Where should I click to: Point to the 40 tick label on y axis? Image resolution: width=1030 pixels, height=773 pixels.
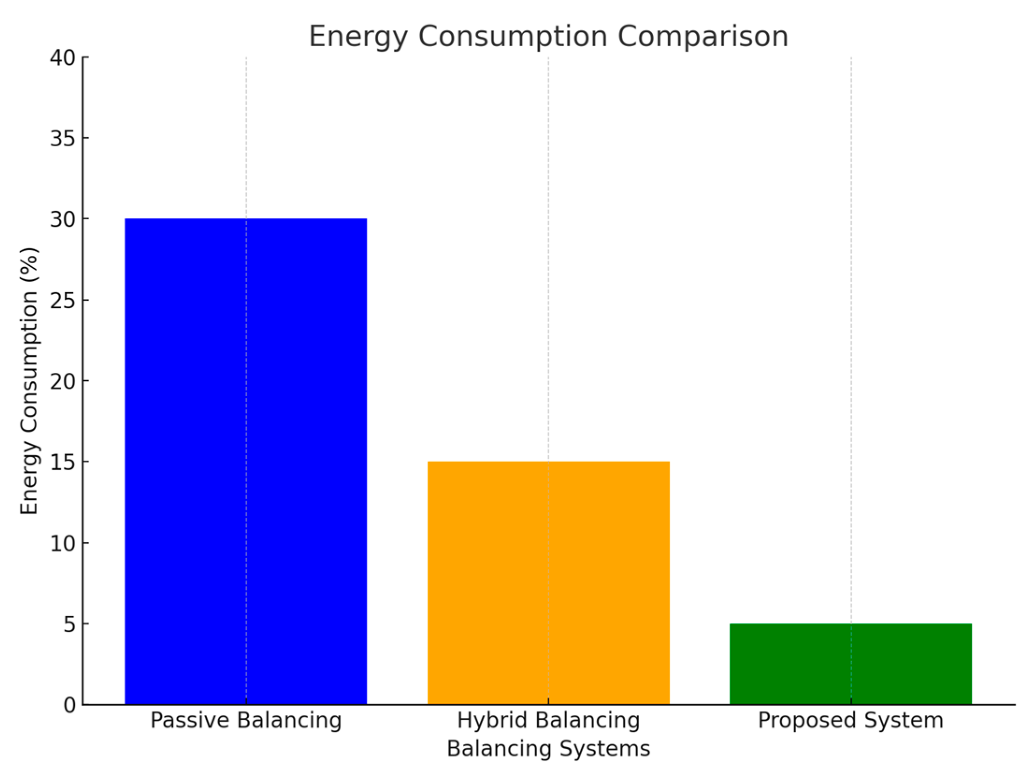point(63,58)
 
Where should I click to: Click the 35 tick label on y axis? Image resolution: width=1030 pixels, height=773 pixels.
point(63,138)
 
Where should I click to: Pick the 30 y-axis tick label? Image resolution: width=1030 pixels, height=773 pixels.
point(63,219)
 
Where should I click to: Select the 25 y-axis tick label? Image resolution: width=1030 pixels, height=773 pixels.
point(63,300)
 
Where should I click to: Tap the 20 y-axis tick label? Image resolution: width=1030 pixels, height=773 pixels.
point(63,381)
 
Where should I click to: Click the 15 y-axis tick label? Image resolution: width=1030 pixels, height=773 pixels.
point(63,462)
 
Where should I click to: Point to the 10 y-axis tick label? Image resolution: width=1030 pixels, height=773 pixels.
point(63,543)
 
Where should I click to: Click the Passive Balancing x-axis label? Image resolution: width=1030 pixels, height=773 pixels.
point(245,721)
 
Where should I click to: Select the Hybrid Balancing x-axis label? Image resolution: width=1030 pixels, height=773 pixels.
point(548,721)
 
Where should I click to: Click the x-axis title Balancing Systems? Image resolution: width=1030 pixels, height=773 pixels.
point(548,749)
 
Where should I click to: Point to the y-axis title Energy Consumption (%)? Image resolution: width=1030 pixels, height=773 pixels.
point(29,381)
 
